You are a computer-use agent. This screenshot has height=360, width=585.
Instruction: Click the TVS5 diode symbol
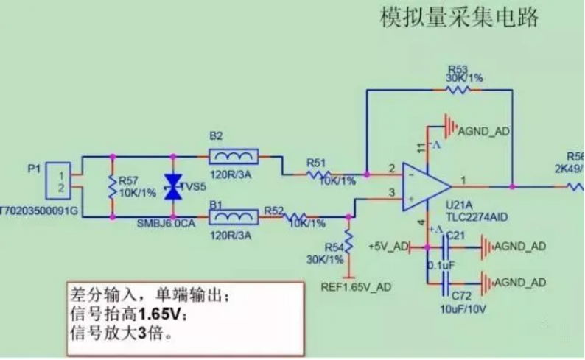tap(172, 188)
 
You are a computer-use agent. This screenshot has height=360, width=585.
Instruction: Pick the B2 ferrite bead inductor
tap(233, 156)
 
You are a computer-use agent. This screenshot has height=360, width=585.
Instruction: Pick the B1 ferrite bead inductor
tap(233, 218)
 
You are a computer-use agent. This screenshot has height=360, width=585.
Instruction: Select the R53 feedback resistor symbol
tap(458, 90)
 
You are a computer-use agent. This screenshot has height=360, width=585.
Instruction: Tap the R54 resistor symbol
tap(348, 241)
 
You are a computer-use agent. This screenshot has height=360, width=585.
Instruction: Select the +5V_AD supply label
tap(388, 246)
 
